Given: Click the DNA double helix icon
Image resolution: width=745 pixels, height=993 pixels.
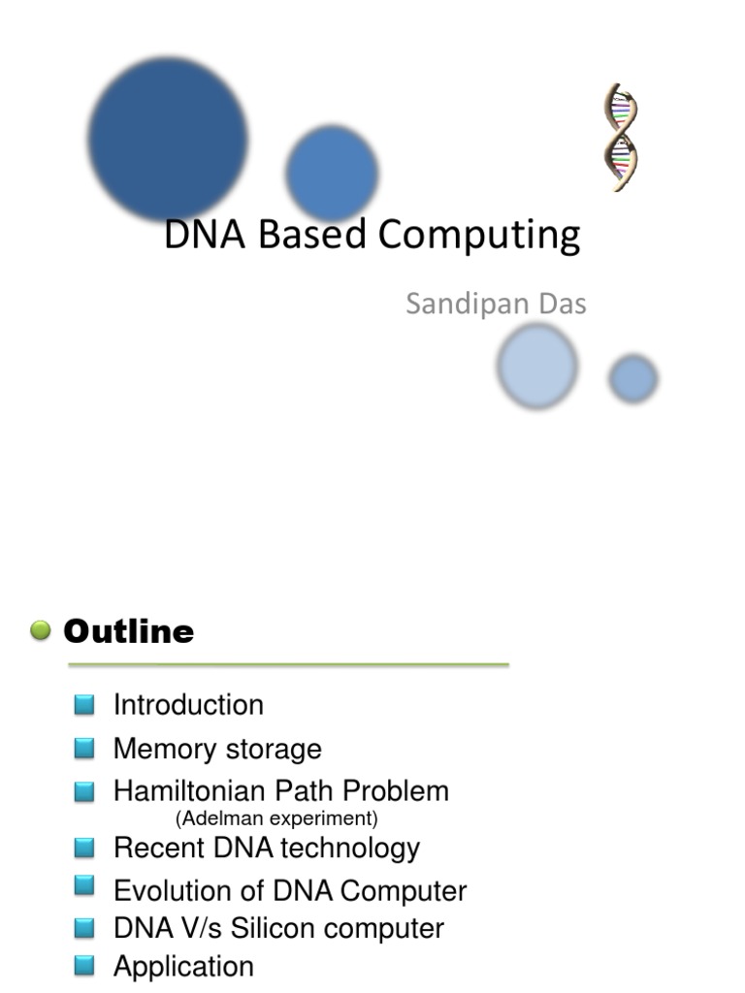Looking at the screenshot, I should (620, 137).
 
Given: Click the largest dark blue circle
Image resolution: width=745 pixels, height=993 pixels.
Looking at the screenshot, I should (168, 138).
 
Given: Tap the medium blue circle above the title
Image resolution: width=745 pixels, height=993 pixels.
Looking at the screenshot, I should (332, 174).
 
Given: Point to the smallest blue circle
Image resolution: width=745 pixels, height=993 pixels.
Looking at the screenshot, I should (633, 378).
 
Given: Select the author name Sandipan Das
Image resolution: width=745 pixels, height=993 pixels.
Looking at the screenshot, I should (496, 304).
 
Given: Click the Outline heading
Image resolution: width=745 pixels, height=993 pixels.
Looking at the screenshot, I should (128, 632).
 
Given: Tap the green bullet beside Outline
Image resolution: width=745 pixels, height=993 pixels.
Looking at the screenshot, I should (41, 631).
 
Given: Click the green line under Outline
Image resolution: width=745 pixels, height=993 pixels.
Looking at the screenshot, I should (287, 665).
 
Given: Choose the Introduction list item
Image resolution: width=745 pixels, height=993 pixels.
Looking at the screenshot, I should (188, 705).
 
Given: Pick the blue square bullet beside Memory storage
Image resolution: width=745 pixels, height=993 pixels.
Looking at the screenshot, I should (84, 748).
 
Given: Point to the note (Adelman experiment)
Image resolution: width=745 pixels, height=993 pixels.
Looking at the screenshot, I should (276, 818).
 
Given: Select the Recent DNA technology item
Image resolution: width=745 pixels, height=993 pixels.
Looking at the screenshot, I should (267, 848).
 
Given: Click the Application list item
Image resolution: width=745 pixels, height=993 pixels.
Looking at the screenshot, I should (183, 966).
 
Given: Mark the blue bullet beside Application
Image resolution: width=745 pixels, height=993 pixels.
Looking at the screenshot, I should (84, 965).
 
